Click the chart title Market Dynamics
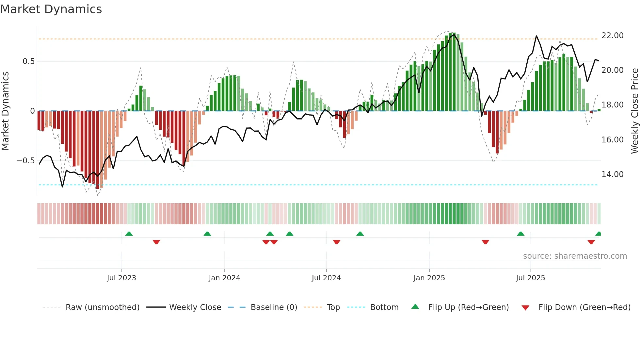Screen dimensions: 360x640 coord(51,9)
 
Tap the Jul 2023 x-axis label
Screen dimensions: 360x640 coord(121,278)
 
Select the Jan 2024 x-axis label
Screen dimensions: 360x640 coord(224,278)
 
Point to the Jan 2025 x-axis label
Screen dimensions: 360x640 coord(429,278)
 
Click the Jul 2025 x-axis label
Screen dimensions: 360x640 coord(530,278)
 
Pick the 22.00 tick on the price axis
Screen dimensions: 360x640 coord(612,36)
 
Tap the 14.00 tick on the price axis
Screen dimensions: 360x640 coord(612,174)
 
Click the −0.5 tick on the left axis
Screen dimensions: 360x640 coord(25,161)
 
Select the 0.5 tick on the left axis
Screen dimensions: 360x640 coord(28,61)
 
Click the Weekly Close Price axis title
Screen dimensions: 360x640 coord(634,111)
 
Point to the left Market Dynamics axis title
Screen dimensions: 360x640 coord(5,111)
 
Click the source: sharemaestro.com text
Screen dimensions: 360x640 coord(575,256)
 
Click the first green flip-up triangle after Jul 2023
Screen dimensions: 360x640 coord(129,234)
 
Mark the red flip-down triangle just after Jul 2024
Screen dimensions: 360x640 coord(337,242)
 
